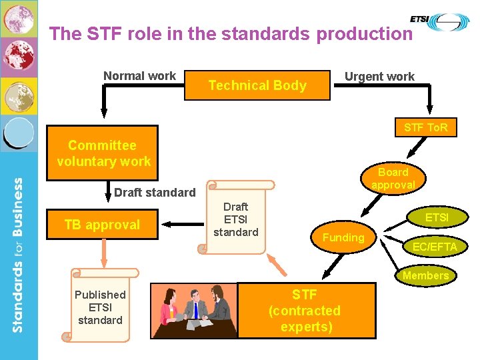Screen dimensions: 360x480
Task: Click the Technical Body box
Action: (257, 85)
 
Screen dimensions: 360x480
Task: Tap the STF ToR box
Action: (425, 127)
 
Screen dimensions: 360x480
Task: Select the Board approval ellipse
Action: (393, 178)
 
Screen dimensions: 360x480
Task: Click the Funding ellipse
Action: (343, 237)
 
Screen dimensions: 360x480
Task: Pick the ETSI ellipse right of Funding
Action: (437, 217)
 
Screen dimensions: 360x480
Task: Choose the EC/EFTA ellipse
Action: (435, 247)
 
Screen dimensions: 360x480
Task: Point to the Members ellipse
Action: (425, 275)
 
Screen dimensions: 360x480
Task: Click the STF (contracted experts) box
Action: (306, 311)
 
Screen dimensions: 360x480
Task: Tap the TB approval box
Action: (102, 225)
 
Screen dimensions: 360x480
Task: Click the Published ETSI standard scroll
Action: (99, 307)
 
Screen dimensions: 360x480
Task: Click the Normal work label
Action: (139, 76)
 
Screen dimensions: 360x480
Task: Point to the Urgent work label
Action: (379, 77)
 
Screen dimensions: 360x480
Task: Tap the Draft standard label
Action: (155, 193)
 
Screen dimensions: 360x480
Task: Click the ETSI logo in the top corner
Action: (439, 22)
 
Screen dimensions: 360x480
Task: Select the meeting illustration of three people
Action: (193, 311)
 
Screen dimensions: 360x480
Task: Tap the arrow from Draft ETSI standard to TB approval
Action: (179, 225)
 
